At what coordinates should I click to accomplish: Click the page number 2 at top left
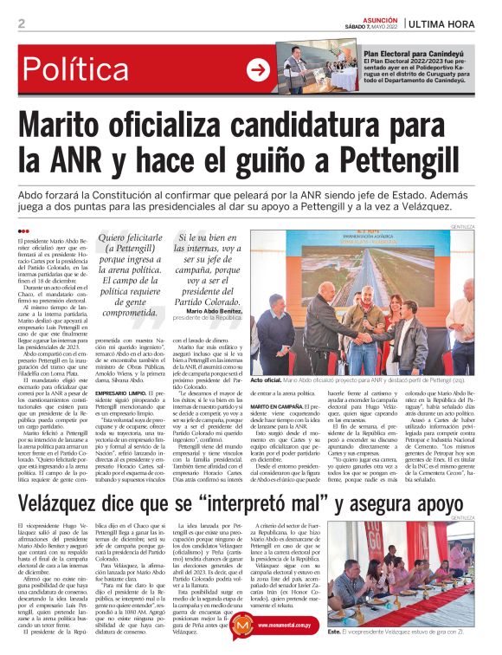21,23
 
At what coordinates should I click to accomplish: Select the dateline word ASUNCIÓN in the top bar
378,17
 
